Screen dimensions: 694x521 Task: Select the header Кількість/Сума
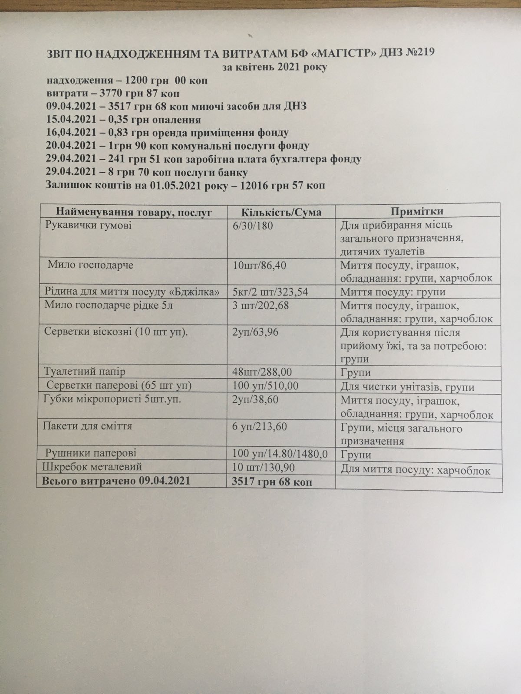(281, 212)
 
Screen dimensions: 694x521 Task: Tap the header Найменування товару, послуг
(133, 212)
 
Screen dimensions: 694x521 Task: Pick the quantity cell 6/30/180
(253, 226)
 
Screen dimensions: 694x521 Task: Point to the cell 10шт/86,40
(259, 265)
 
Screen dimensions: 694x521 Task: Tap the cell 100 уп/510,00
(266, 386)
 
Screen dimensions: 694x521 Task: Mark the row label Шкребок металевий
(92, 467)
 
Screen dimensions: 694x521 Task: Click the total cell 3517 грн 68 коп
(272, 482)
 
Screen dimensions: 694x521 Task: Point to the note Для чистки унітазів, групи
(407, 387)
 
